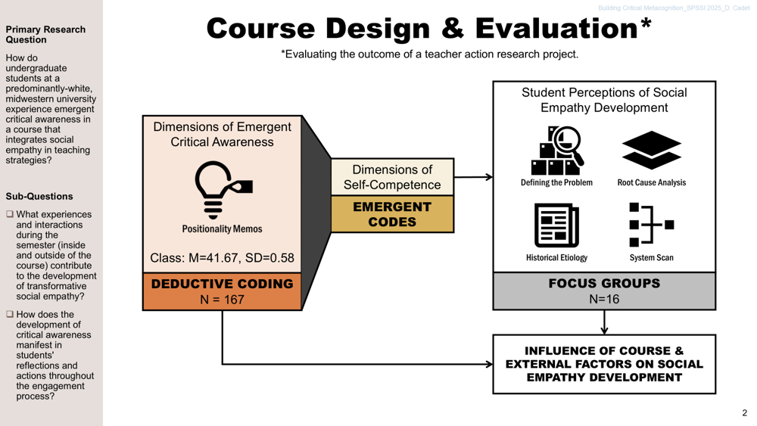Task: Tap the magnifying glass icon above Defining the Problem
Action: click(557, 151)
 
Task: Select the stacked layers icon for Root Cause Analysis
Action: click(651, 150)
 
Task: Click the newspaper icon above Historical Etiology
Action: click(556, 225)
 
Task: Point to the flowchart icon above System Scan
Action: click(652, 225)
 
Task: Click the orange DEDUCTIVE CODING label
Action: click(222, 291)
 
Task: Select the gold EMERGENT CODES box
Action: click(392, 214)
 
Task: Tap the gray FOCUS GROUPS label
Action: click(604, 291)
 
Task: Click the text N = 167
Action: click(222, 300)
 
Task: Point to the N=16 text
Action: click(604, 299)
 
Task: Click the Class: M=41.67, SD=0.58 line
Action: click(222, 258)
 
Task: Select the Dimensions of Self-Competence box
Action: click(392, 177)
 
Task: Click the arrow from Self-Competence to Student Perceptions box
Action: click(473, 177)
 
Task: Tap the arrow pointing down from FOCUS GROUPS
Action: click(604, 322)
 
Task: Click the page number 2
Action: click(744, 413)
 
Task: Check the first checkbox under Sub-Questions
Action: click(10, 214)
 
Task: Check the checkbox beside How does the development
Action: click(10, 314)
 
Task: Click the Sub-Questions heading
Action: click(39, 197)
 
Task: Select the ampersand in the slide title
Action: click(453, 29)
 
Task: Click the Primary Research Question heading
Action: click(45, 35)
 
